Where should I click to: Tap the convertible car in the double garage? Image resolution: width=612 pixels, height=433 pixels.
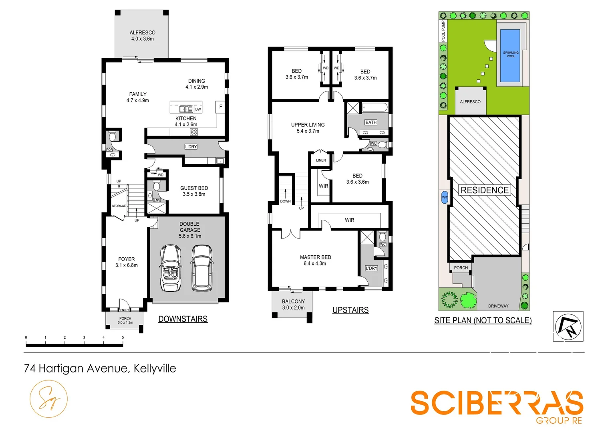coord(170,268)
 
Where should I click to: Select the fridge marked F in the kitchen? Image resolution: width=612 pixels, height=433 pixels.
coord(220,107)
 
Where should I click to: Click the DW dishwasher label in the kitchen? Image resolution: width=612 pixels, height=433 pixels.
coord(198,109)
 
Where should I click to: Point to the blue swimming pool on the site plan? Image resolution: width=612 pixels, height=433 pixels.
coord(510,55)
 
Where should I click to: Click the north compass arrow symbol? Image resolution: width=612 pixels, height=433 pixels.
coord(568,326)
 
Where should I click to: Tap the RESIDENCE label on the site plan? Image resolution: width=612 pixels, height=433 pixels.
coord(484,190)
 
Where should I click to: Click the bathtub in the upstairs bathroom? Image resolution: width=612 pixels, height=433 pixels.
coord(375,107)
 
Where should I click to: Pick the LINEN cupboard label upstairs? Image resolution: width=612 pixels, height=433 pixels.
coord(321,160)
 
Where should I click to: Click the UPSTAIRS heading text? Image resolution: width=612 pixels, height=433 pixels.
coord(350,310)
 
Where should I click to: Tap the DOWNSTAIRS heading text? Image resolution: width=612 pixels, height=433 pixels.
coord(183,319)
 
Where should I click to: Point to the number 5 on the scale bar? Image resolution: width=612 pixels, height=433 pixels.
coord(123,338)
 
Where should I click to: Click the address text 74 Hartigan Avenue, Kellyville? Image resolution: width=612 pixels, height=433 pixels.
coord(100,368)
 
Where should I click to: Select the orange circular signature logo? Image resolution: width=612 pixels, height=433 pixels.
coord(48,399)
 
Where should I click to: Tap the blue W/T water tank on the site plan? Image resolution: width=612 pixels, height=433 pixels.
coord(445,198)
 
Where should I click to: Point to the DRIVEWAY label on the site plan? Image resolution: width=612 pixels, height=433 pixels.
coord(498,306)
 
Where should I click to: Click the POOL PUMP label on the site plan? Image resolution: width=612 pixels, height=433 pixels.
coord(443,31)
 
